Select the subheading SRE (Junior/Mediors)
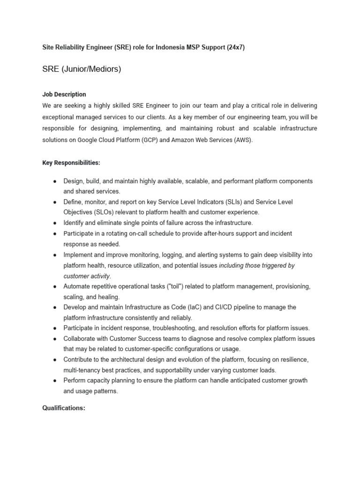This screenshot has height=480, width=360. coord(82,69)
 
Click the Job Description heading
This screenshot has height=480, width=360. coord(64,94)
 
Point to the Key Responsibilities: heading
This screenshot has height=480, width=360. coord(71,162)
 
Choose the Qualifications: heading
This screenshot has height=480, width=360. coord(64,408)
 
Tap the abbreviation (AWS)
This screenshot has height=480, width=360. coord(242,139)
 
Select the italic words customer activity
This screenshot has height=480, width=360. coord(87,276)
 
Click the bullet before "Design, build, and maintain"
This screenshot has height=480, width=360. coord(55,181)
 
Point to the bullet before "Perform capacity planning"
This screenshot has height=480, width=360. coord(55,380)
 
